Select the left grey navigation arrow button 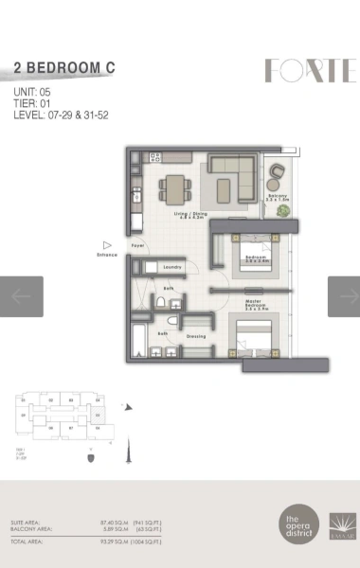click(x=21, y=296)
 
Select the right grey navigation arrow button click(x=344, y=296)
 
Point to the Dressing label click(x=196, y=336)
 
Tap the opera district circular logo click(x=300, y=523)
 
